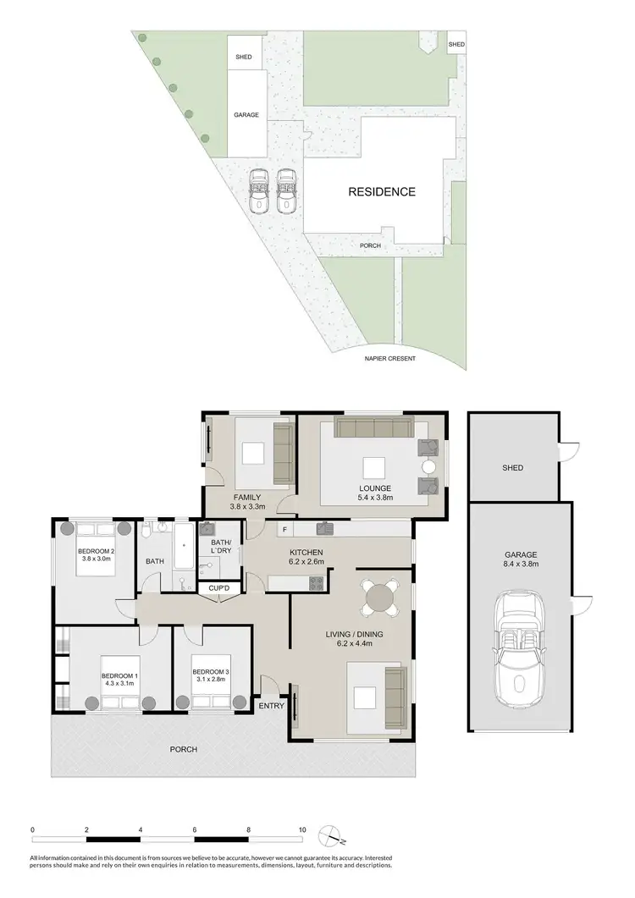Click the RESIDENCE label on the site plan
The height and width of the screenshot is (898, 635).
(x=382, y=192)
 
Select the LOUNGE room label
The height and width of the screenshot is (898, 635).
(x=375, y=488)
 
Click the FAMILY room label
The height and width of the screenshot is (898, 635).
(x=247, y=497)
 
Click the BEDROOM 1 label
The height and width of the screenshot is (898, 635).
(x=119, y=676)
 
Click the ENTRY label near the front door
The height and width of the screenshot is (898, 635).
(x=271, y=706)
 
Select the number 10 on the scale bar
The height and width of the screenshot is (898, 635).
(x=301, y=829)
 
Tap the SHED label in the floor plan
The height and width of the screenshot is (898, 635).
(x=512, y=467)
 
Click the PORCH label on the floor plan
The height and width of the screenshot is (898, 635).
(x=184, y=749)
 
